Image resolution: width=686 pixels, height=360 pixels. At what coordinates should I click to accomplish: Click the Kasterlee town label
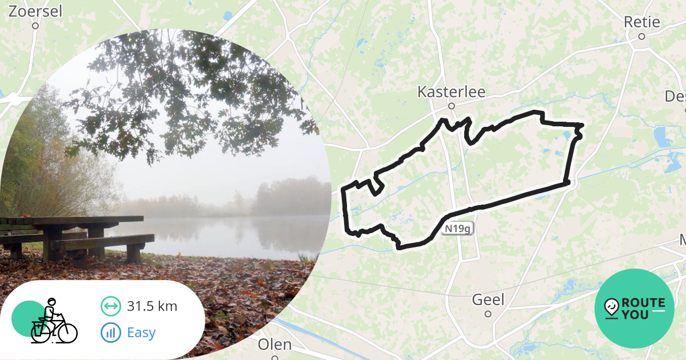point(451,91)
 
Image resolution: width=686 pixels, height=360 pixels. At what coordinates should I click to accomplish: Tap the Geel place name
point(488,299)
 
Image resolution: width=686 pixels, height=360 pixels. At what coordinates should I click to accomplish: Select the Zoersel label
point(35,11)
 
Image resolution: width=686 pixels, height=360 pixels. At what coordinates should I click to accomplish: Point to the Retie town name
point(642,22)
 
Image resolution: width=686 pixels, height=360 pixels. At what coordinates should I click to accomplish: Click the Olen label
point(274,345)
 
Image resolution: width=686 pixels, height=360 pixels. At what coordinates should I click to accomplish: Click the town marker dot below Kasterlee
point(451,106)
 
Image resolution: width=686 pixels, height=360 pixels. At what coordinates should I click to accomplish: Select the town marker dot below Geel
point(488,314)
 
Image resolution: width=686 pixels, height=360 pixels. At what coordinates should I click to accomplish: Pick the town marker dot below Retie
point(641,36)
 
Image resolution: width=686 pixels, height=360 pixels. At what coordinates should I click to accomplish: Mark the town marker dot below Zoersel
point(35,26)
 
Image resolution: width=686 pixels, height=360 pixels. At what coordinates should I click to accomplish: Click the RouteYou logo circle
point(635,309)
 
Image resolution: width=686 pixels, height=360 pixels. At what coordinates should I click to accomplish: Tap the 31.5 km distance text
point(152,306)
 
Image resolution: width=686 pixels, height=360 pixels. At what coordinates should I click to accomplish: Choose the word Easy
point(141,333)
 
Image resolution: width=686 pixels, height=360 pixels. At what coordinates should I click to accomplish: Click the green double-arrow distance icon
point(110,306)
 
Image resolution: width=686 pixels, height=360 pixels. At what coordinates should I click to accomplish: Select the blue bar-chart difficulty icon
point(110,333)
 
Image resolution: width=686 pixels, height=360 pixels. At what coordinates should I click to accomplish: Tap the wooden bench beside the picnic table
point(103,243)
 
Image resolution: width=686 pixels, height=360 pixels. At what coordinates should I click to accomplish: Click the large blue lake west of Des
point(663,137)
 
